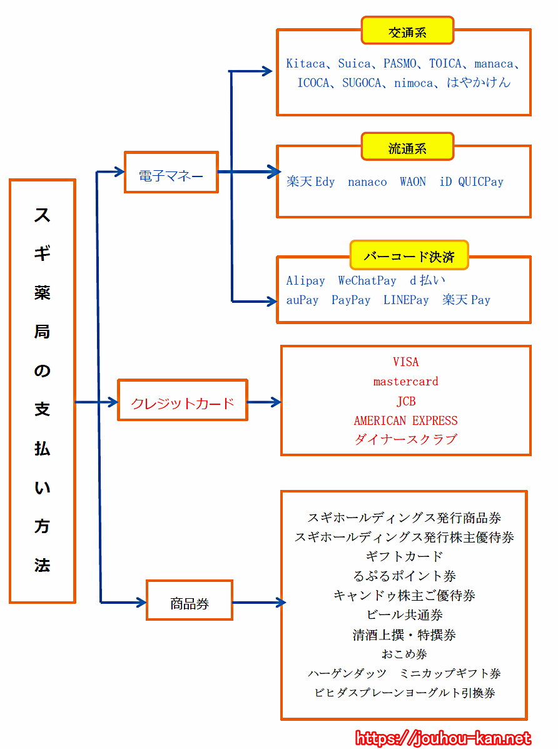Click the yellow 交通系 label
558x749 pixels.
tap(407, 31)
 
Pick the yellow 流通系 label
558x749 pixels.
tap(407, 147)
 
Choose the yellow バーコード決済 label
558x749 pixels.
tap(408, 255)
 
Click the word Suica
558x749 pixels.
tap(354, 64)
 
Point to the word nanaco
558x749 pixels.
tap(367, 182)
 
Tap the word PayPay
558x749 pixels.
tap(351, 300)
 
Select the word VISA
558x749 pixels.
tap(405, 362)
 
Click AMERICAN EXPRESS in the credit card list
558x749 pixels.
tap(405, 420)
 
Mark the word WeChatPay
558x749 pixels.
tap(367, 281)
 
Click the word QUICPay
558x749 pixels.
tap(480, 182)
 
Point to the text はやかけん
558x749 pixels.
tap(479, 83)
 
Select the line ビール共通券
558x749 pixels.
tap(405, 615)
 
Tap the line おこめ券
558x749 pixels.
tap(405, 655)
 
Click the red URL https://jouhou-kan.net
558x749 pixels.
tap(444, 739)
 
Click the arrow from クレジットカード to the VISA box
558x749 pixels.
tap(264, 402)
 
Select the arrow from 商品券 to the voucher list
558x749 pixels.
tap(258, 603)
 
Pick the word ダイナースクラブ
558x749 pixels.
tap(405, 440)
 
